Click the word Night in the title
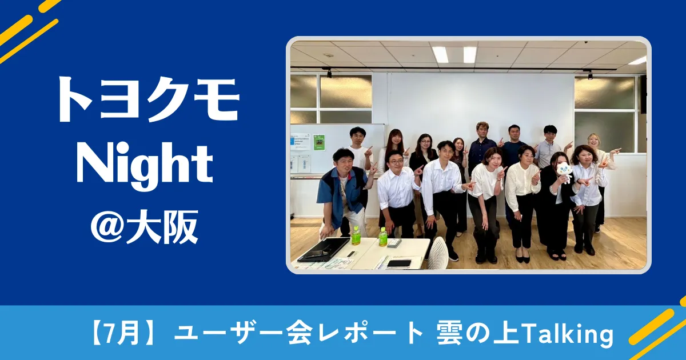145,167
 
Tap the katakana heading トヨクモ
149,100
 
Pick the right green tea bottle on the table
383,237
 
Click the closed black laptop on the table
324,249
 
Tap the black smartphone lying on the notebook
399,263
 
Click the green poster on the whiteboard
319,142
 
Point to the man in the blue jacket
342,192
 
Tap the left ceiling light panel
440,54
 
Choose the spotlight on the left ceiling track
329,73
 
